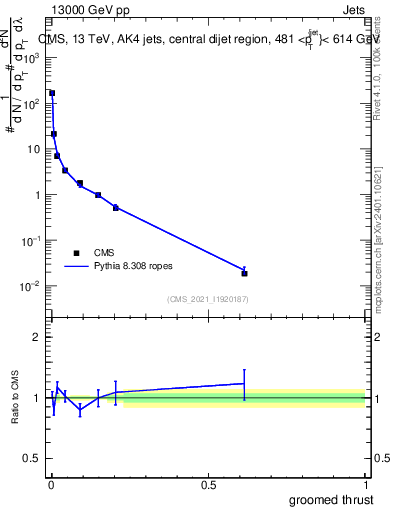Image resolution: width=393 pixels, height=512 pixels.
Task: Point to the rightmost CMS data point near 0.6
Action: pos(244,273)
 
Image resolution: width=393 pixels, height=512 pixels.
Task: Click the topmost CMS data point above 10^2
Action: pos(52,93)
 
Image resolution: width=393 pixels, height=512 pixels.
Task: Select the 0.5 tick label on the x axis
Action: pos(208,485)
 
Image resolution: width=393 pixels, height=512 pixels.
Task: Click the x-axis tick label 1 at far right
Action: pos(367,485)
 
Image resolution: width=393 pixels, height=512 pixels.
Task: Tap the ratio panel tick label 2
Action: pos(36,337)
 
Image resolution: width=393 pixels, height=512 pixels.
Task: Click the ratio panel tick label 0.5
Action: pos(32,460)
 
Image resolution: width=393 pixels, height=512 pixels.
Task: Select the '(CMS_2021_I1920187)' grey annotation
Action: pos(208,299)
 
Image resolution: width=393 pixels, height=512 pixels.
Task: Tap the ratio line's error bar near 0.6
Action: pos(244,384)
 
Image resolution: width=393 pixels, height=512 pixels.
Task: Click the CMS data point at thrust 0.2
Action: pos(116,208)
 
